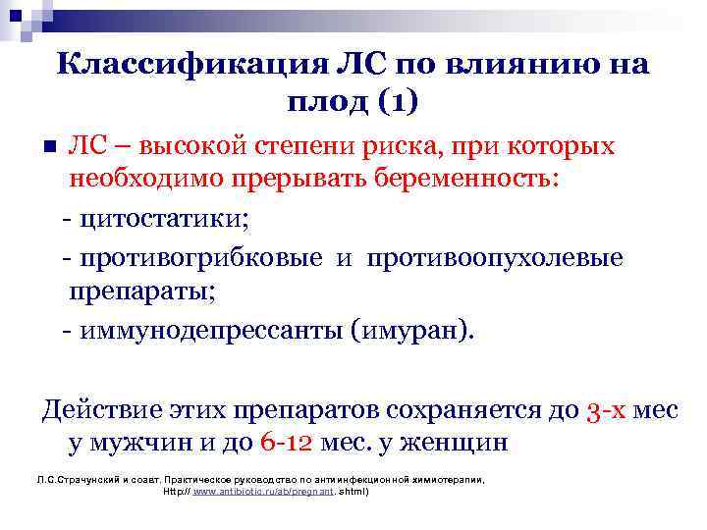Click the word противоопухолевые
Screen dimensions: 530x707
click(x=495, y=257)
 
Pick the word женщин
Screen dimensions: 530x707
click(x=461, y=442)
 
